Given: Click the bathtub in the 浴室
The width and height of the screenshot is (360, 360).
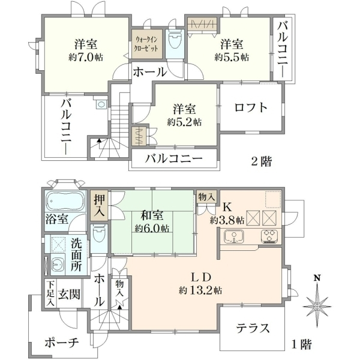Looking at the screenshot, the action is click(x=65, y=201).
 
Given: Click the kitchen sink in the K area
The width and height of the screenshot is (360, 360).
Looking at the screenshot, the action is click(x=234, y=236).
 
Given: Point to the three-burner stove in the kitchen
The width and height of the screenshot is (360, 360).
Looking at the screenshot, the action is click(x=269, y=236).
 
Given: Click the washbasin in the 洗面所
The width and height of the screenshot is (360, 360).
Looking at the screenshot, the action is click(x=57, y=266).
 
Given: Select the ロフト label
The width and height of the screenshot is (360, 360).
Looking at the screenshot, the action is click(x=251, y=107).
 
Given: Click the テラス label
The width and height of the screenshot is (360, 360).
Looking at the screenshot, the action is click(x=253, y=328).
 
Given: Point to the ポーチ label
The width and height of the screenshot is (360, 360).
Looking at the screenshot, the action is click(x=62, y=343).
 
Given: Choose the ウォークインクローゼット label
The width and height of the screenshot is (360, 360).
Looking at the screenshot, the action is click(x=147, y=44).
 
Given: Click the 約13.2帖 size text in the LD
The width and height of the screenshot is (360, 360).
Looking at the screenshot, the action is click(x=200, y=290).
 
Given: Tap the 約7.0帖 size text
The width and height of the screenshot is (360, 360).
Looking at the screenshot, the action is click(x=86, y=57).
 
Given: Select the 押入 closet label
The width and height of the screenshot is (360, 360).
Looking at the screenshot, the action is click(x=99, y=206).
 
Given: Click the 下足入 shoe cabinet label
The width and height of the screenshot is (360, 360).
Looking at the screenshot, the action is click(x=50, y=294).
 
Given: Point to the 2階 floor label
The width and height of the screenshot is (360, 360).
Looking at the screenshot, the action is click(x=262, y=161).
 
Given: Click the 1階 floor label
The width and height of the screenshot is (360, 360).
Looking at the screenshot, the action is click(x=302, y=344).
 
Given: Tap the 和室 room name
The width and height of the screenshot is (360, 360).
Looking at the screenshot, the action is click(x=152, y=215).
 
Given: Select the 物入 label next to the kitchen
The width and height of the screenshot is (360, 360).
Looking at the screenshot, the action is click(x=207, y=197).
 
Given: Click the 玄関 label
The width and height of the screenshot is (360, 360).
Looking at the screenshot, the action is click(x=69, y=294).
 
